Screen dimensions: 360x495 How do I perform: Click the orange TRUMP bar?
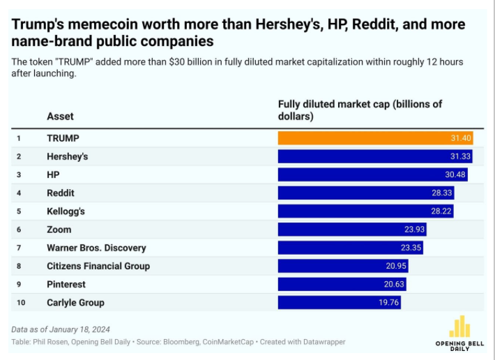[x=375, y=138]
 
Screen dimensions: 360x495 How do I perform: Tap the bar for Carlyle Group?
[x=339, y=302]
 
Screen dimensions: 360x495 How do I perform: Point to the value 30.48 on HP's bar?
[x=455, y=174]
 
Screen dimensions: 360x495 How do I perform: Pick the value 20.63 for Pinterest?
[x=393, y=284]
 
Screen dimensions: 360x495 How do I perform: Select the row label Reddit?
[x=60, y=193]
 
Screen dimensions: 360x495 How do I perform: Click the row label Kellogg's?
[x=66, y=211]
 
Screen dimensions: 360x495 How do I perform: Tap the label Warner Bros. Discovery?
[x=96, y=248]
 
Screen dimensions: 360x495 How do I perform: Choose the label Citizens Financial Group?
[x=98, y=266]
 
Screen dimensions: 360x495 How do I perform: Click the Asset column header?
[x=60, y=116]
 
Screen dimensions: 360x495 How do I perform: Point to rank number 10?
[x=21, y=302]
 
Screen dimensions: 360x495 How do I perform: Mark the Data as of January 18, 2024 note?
[x=61, y=329]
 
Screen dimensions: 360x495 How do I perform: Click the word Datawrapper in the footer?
[x=322, y=342]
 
